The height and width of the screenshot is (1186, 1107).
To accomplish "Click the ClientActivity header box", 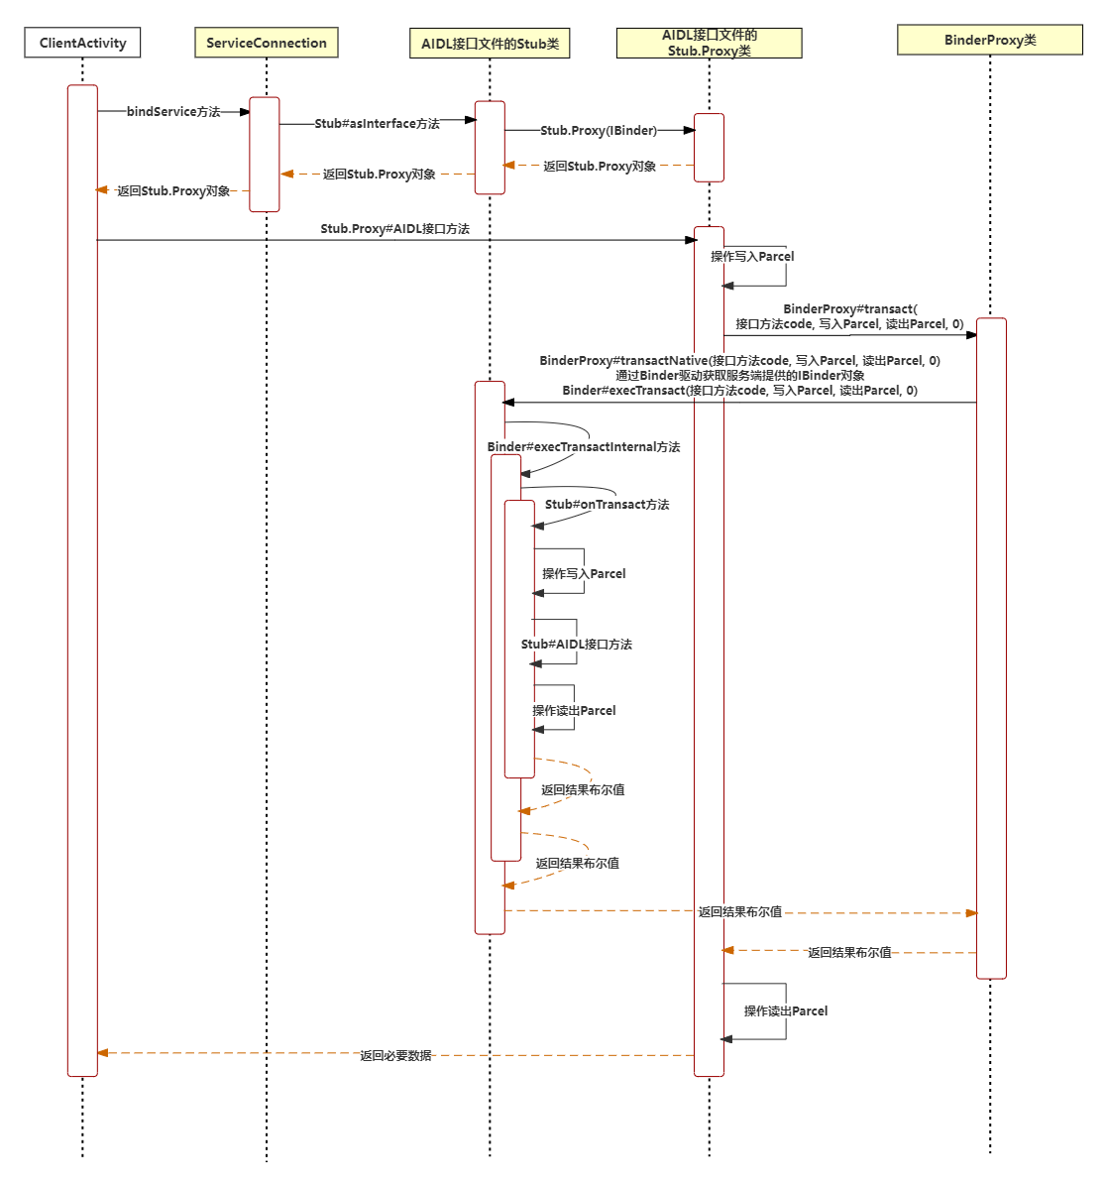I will [x=82, y=43].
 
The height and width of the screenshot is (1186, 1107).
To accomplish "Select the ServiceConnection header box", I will [x=266, y=43].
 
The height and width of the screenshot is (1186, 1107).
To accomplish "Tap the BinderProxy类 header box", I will [x=989, y=40].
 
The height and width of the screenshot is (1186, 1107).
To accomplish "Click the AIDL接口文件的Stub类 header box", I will [x=490, y=44].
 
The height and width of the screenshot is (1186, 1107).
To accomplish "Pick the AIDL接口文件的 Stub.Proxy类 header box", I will [x=709, y=43].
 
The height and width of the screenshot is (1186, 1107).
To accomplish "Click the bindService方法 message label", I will [x=173, y=112].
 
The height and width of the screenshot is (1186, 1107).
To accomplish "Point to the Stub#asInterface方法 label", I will [x=377, y=124].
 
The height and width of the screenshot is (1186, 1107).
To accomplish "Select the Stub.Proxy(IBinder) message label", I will [x=599, y=131].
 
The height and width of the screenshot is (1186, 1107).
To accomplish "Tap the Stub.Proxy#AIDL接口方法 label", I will [x=394, y=229].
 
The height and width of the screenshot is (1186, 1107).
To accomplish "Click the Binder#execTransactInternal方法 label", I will [x=584, y=447].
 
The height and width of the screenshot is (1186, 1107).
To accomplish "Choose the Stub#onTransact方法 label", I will [x=607, y=505].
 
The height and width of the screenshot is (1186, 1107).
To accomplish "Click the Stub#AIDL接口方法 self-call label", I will [x=577, y=645].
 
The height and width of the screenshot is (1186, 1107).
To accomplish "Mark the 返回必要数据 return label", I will [x=395, y=1056].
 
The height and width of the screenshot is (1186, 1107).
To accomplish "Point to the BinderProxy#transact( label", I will [x=849, y=309].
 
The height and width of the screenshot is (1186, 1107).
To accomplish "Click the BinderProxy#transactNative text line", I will [x=739, y=361].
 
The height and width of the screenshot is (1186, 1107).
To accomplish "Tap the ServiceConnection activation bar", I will [x=265, y=154].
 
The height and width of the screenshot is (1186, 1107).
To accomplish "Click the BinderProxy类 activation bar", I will [x=991, y=645].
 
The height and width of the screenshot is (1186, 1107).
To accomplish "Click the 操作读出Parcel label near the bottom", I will [x=786, y=1011].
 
